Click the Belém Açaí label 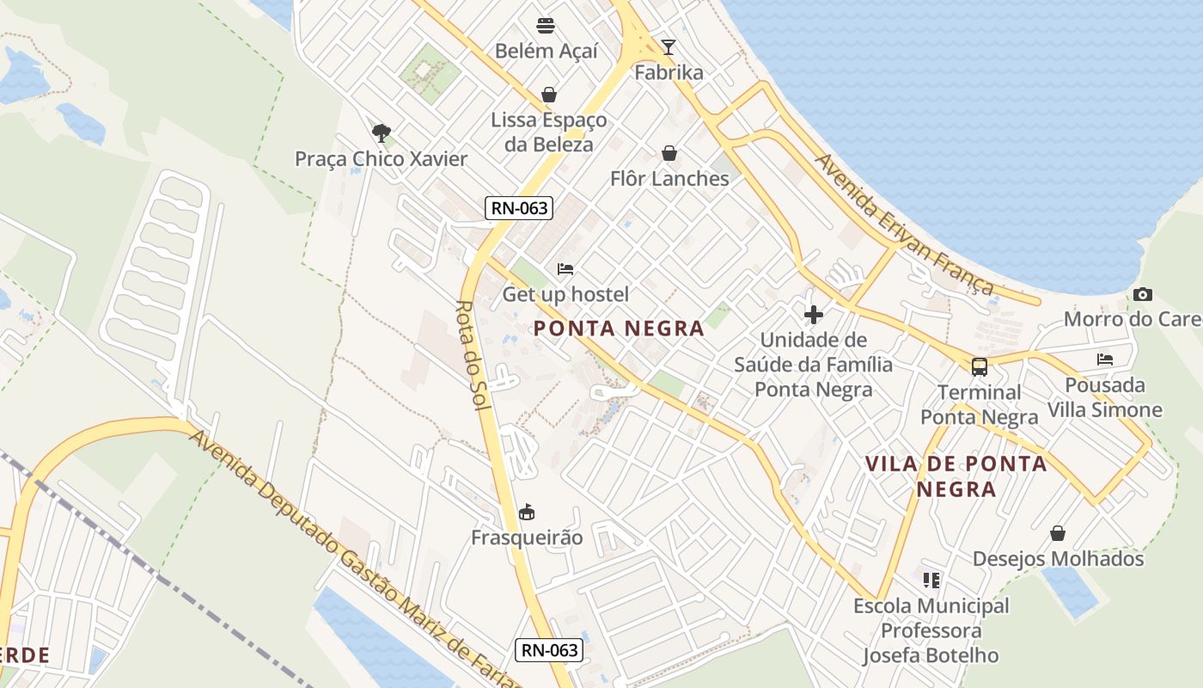[546, 51]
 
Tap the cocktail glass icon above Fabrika [669, 46]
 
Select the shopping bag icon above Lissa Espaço [549, 95]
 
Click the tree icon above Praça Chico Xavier [382, 132]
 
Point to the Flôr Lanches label [669, 179]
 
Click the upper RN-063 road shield [518, 207]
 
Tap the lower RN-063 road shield [549, 650]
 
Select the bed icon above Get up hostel [565, 269]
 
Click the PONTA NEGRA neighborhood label [619, 328]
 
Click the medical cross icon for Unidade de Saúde [813, 315]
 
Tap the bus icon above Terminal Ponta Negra [979, 367]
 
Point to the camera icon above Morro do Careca [1142, 294]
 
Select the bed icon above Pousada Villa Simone [1105, 359]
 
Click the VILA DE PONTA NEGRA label [956, 476]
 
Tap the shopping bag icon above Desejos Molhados [1058, 533]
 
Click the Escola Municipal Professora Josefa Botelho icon [931, 580]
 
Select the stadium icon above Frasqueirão [527, 513]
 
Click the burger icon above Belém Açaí [546, 25]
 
